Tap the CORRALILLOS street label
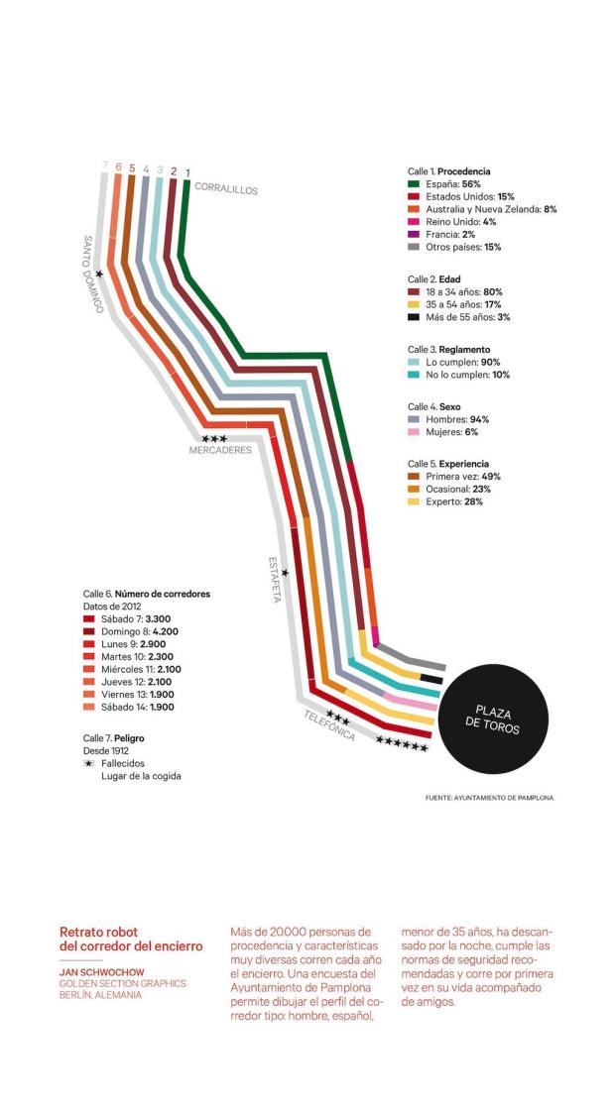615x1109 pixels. (225, 188)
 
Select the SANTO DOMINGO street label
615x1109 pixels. (92, 275)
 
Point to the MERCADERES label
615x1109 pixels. (220, 450)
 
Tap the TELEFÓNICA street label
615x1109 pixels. (329, 728)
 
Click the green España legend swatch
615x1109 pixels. (415, 184)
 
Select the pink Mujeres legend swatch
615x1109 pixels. (415, 432)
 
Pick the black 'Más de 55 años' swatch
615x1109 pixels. (415, 317)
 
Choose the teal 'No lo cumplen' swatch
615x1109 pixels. (415, 375)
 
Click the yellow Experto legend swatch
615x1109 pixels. (415, 502)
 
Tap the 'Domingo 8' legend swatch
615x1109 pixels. (89, 631)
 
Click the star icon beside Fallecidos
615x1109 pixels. (89, 763)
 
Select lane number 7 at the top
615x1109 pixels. (104, 166)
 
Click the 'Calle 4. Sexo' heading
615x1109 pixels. (434, 406)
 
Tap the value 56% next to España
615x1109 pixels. (472, 184)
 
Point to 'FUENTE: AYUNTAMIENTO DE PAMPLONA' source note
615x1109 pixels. (488, 797)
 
